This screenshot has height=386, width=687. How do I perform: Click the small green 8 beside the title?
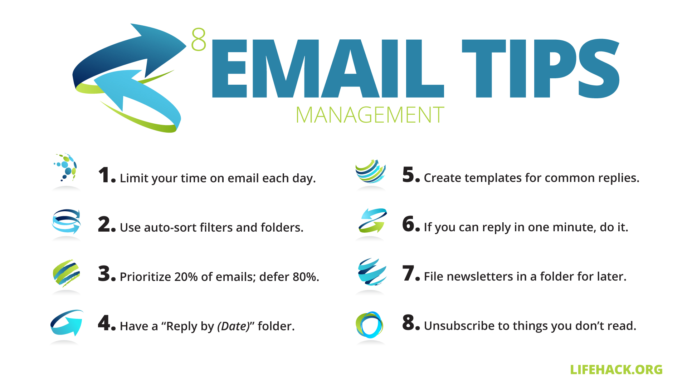[199, 39]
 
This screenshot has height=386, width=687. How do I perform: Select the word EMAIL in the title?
[328, 68]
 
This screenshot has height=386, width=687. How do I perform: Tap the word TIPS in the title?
[541, 68]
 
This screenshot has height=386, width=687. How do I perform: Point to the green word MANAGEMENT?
[370, 115]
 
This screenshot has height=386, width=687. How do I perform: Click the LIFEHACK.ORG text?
[616, 370]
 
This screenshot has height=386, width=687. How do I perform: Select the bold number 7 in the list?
[408, 273]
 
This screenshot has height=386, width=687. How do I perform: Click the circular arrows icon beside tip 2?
[66, 221]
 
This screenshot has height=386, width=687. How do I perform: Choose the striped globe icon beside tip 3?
[66, 273]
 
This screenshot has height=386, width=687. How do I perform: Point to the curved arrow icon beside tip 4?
[67, 323]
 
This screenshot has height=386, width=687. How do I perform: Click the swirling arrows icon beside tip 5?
[371, 171]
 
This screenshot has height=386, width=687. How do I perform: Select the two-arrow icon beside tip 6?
[373, 220]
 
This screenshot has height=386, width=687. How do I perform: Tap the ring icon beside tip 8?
[370, 325]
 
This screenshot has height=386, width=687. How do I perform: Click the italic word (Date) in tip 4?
[234, 326]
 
